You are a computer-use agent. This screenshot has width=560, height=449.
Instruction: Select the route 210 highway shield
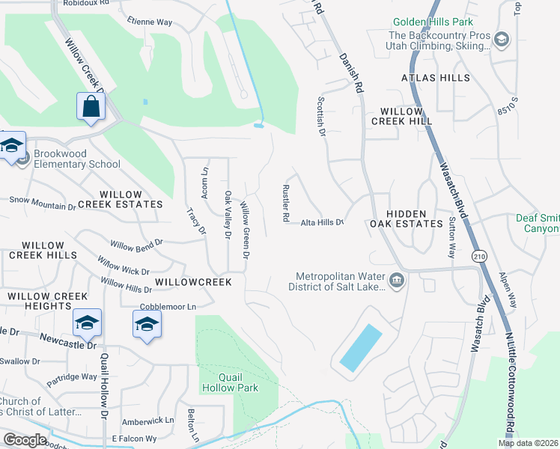(x=478, y=256)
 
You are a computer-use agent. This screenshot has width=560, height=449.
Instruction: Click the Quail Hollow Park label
(x=229, y=382)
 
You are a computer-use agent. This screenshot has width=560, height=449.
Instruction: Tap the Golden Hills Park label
(x=432, y=23)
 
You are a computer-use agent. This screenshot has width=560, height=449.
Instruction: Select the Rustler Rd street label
(x=285, y=203)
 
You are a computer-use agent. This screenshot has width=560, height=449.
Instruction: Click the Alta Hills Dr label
(x=322, y=222)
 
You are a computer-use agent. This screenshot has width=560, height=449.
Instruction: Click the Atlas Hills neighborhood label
(x=436, y=78)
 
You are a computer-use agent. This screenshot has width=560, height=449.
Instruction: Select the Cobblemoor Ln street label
(x=168, y=307)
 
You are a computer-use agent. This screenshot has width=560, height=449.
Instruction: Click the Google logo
(x=24, y=439)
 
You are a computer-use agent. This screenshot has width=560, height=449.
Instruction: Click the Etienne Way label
(x=150, y=22)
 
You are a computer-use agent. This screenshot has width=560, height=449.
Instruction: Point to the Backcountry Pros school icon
(x=502, y=39)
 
